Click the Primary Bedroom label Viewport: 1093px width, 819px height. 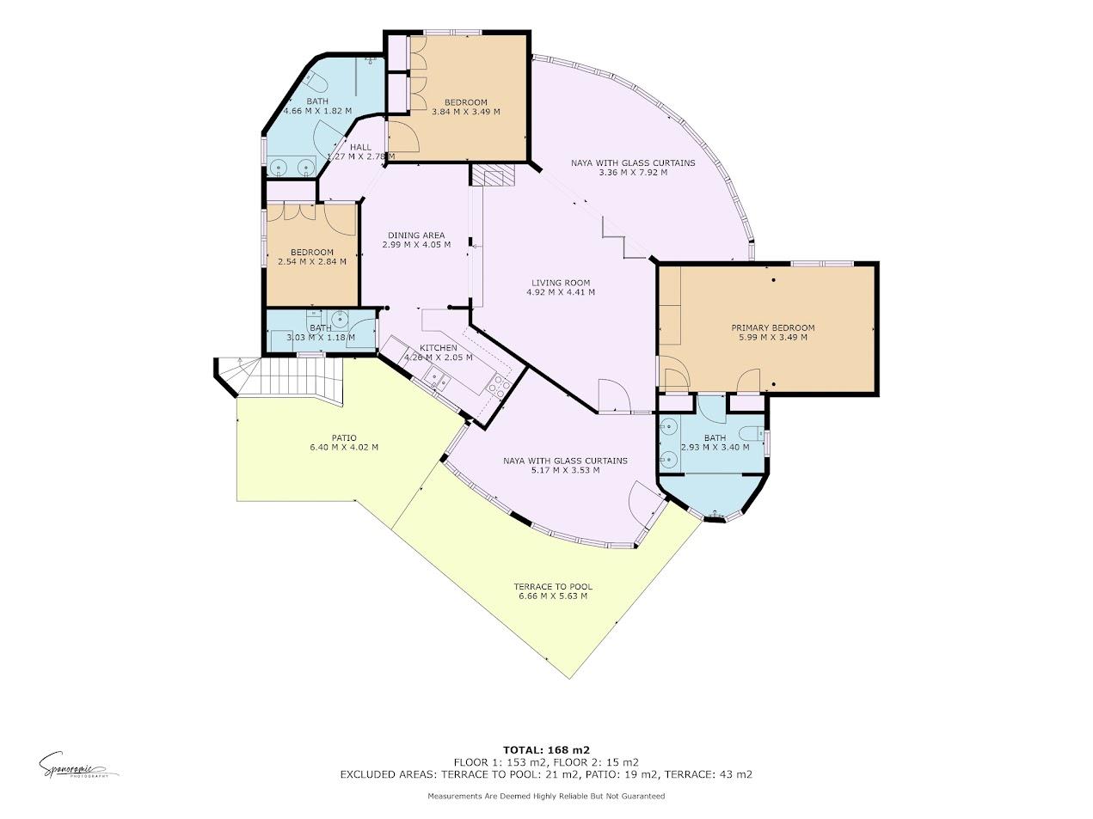point(772,327)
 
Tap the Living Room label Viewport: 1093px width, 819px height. point(560,283)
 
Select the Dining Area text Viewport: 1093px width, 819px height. point(415,235)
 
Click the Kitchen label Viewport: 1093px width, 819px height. point(438,348)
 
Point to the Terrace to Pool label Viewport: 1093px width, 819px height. point(555,587)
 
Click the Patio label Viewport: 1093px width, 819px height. point(344,437)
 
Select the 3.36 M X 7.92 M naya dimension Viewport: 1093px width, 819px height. point(632,173)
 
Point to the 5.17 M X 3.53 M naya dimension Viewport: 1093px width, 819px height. point(565,470)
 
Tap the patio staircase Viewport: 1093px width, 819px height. point(292,376)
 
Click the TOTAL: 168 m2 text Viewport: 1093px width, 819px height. point(546,749)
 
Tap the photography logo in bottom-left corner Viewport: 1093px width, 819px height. point(77,764)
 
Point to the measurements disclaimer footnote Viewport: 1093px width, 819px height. point(546,797)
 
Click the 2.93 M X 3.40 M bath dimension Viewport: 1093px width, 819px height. point(715,447)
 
